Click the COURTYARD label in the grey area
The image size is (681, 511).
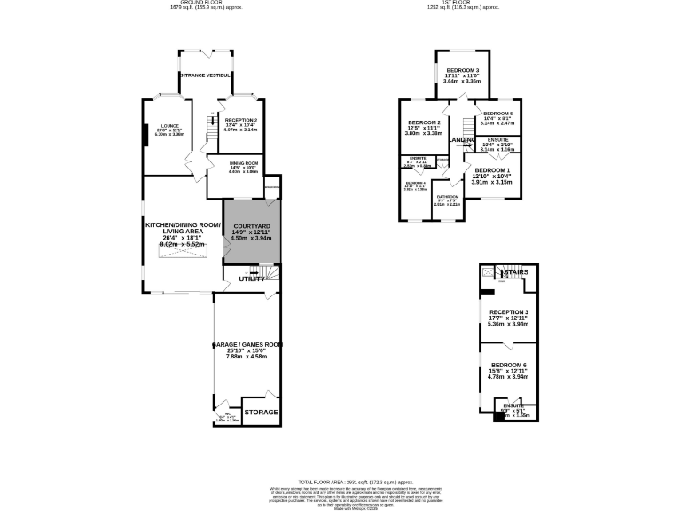click(x=251, y=225)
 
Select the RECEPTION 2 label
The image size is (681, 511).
click(x=240, y=120)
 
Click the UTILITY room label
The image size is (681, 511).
click(x=251, y=279)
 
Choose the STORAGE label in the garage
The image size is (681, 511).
click(x=261, y=413)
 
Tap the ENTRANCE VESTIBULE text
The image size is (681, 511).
click(x=206, y=76)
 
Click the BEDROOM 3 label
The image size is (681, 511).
click(x=462, y=70)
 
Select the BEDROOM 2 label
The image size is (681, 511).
click(x=424, y=122)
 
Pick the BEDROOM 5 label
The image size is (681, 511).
click(x=497, y=114)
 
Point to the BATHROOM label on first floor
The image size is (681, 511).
click(x=447, y=196)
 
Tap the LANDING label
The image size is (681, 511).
click(x=463, y=140)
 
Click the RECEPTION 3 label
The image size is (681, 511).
click(x=509, y=312)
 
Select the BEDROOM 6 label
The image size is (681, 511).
click(x=509, y=365)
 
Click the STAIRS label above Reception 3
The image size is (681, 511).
click(x=513, y=271)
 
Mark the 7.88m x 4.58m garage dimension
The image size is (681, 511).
click(x=247, y=357)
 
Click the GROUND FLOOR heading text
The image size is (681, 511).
click(x=206, y=3)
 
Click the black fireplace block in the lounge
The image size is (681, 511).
click(x=145, y=133)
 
